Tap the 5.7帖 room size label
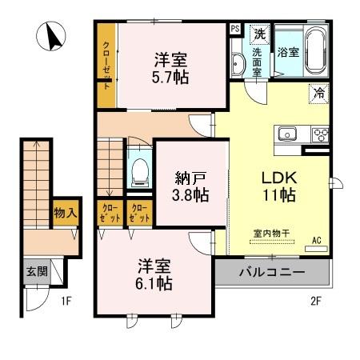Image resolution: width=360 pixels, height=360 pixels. (170, 78)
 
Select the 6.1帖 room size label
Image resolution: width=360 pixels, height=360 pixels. (154, 283)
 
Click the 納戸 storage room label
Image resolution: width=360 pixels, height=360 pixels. (191, 194)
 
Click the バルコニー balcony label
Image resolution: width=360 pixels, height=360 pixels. (272, 272)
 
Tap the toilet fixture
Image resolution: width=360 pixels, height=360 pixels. (138, 169)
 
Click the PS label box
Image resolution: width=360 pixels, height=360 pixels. (235, 29)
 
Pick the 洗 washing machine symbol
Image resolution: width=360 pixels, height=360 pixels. (260, 34)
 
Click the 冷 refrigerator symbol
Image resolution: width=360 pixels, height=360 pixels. (319, 92)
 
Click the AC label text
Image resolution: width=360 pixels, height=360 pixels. (316, 240)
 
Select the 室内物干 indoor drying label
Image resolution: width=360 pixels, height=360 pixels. (271, 234)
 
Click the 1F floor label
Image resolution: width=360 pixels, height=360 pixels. (66, 301)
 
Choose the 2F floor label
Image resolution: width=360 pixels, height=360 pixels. (316, 301)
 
